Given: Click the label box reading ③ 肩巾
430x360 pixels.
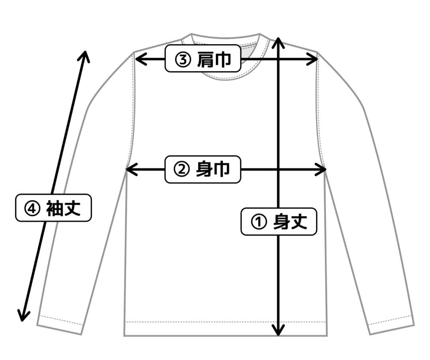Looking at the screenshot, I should tap(203, 59).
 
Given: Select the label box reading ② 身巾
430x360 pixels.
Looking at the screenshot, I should tap(203, 169).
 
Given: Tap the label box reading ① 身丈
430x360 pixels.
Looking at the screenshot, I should tap(279, 221).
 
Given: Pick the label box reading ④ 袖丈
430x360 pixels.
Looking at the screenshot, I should tap(53, 207).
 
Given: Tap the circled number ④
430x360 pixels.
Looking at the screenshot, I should tap(31, 208).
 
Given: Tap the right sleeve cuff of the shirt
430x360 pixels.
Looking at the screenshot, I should tap(391, 325).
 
